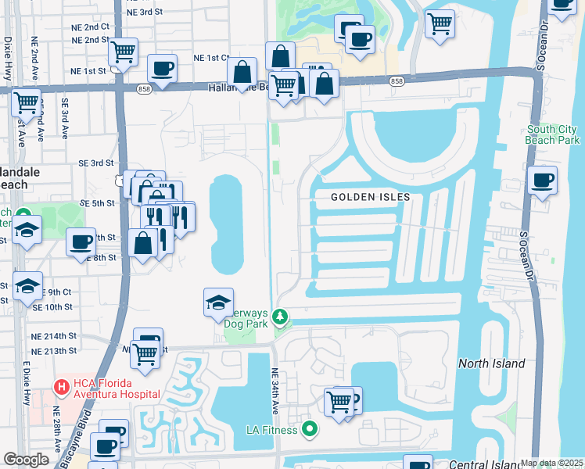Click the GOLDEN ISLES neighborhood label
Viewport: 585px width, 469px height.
click(370, 197)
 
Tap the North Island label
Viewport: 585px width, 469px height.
click(491, 363)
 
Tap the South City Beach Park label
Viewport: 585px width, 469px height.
click(553, 134)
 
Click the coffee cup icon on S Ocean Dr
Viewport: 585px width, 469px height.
click(542, 181)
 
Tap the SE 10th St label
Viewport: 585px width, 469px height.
click(53, 308)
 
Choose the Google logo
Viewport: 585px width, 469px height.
click(27, 460)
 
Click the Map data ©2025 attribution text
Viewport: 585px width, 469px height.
click(552, 463)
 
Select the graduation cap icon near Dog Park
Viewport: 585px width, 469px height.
click(218, 303)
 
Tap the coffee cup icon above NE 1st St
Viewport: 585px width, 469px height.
click(162, 69)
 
